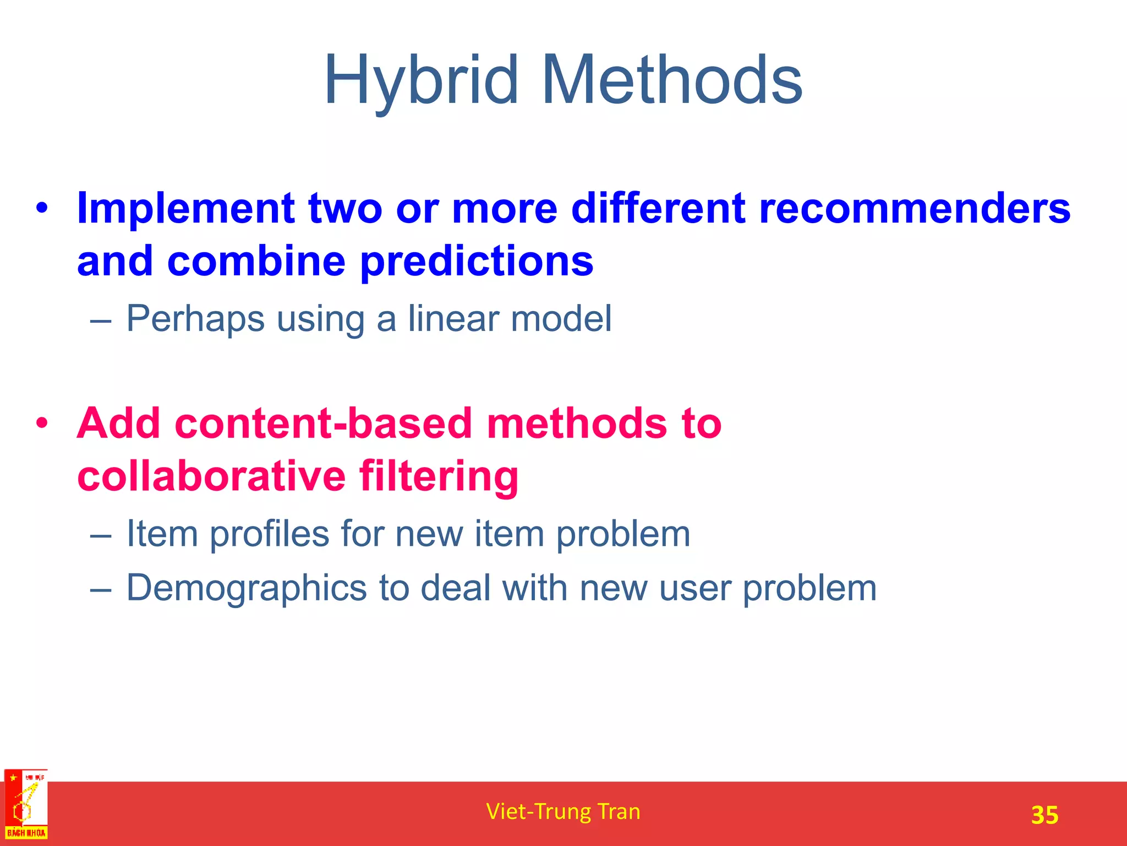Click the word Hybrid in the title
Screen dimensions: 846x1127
tap(421, 81)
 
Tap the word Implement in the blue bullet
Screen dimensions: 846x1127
tap(186, 209)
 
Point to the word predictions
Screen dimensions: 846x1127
tap(477, 262)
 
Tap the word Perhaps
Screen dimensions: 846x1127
tap(195, 319)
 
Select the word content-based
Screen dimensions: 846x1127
tap(324, 423)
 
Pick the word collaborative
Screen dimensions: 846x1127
tap(211, 476)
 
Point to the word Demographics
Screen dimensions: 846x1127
tap(247, 588)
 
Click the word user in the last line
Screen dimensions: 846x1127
tap(694, 588)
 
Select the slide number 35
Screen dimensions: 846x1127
tap(1044, 815)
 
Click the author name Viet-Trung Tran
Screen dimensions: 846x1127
tap(563, 811)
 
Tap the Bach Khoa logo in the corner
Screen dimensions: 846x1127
tap(26, 805)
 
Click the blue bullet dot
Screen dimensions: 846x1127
tap(42, 209)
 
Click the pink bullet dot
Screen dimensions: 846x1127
tap(42, 424)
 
